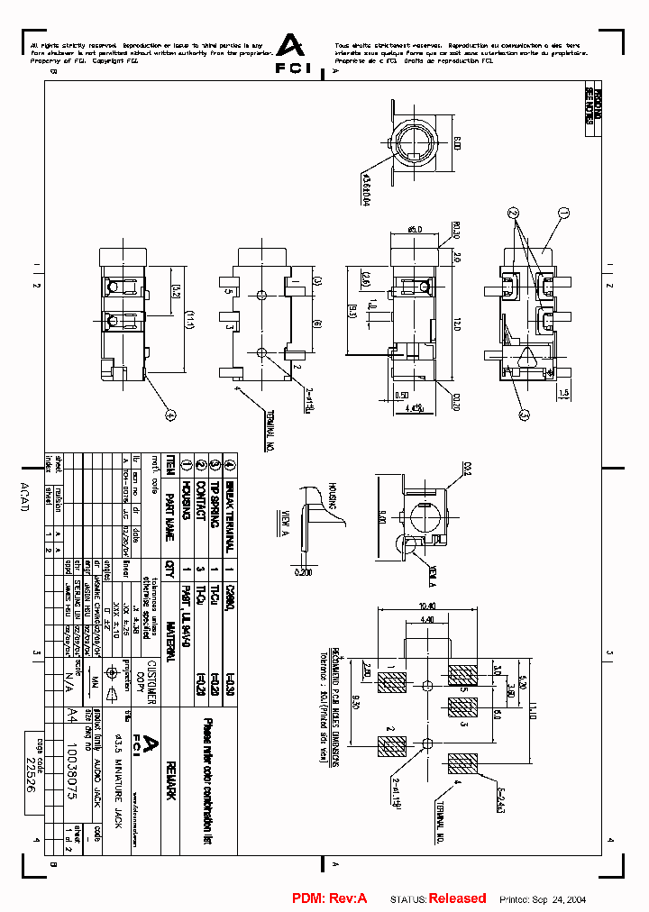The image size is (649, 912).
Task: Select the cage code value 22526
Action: point(31,774)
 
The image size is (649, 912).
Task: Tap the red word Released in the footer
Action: point(457,898)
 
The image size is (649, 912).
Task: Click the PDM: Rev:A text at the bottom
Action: point(329,898)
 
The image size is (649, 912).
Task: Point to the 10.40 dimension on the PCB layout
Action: point(427,606)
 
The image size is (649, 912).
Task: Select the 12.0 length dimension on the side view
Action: point(457,322)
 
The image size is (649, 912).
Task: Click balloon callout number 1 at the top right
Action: point(564,213)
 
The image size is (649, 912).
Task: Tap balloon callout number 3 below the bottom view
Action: point(524,414)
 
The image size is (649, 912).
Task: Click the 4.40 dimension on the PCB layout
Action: point(427,620)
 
